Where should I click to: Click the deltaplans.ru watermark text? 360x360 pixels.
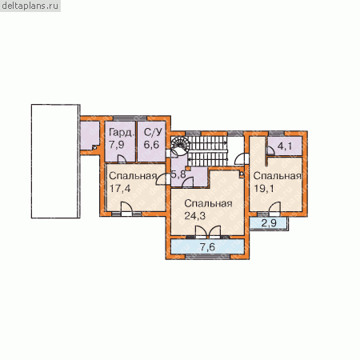coord(30,6)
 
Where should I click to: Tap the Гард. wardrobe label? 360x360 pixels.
coord(121,133)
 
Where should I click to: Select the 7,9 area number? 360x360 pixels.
coord(117,145)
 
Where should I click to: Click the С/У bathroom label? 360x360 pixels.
coord(153,132)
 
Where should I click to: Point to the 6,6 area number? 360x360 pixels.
coord(151,145)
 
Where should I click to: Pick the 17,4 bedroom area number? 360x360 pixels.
coord(120,189)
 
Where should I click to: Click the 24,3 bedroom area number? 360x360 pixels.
coord(195,215)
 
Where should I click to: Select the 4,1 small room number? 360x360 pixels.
coord(285,146)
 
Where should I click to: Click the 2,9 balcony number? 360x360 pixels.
coord(269,223)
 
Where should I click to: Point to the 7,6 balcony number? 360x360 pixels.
coord(207,247)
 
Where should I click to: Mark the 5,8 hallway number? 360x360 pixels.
coord(178,174)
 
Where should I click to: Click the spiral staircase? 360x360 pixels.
coord(181,145)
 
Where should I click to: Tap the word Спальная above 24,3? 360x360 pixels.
coord(208,204)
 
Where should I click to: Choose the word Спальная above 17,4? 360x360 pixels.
coord(133,176)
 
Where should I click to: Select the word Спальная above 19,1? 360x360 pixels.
coord(278,176)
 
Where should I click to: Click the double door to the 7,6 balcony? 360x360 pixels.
coord(208,232)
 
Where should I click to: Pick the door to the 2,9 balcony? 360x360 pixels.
coord(274,209)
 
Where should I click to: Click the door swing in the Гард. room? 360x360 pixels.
coord(122,159)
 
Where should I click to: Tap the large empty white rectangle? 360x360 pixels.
coord(55,162)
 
